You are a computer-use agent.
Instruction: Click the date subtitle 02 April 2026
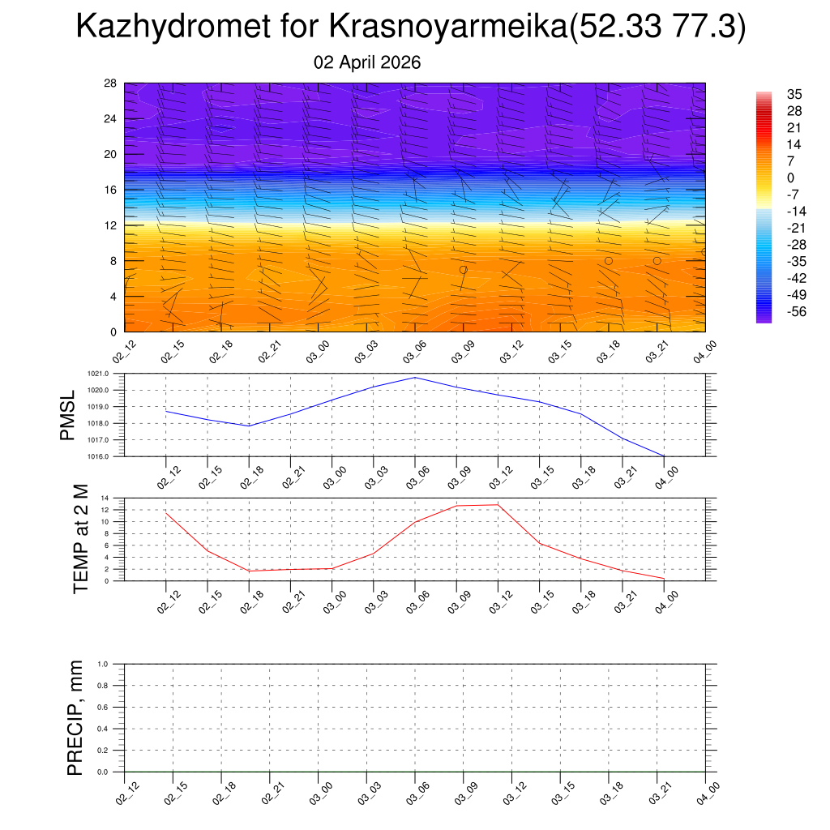(367, 62)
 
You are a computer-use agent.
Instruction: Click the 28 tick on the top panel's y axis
(111, 83)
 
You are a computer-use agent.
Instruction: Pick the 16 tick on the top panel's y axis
(111, 190)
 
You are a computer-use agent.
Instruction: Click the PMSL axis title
(67, 414)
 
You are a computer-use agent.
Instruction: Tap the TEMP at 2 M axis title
(80, 538)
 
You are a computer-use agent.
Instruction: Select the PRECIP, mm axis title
(75, 717)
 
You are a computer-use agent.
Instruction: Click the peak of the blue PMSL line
(415, 378)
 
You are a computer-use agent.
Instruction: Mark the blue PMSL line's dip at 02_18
(249, 426)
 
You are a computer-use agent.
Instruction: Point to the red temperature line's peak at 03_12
(498, 504)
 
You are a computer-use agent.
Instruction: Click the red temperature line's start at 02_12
(166, 513)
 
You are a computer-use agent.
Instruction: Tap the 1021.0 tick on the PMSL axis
(109, 374)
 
